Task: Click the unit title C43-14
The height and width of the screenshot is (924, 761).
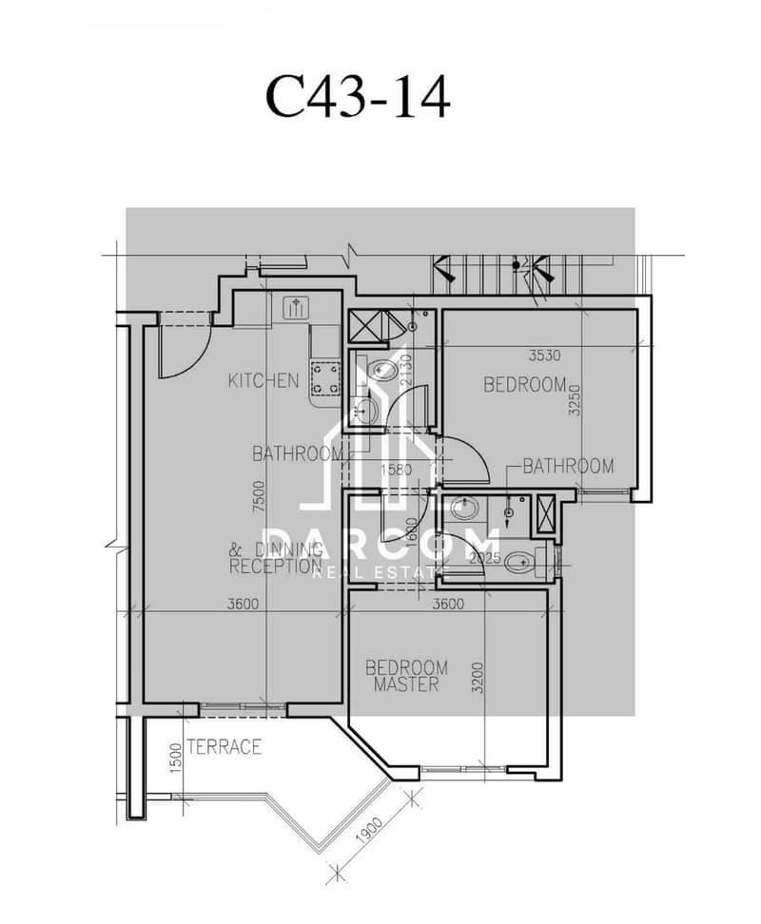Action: [x=358, y=97]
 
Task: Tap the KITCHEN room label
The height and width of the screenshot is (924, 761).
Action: [x=263, y=380]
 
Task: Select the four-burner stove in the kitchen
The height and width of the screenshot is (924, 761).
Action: [x=326, y=378]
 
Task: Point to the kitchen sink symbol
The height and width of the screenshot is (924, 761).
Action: [x=296, y=307]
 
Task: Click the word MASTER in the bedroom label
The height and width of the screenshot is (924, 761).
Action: [x=406, y=684]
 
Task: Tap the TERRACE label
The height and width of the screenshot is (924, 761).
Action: [x=224, y=747]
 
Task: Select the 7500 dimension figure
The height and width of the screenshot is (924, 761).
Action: [x=259, y=496]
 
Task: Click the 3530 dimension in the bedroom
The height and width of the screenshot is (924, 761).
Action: [x=544, y=356]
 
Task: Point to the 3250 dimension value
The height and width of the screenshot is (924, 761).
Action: [x=575, y=400]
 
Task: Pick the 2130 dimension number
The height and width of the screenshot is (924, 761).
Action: [x=406, y=370]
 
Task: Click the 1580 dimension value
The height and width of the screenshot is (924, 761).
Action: [x=396, y=471]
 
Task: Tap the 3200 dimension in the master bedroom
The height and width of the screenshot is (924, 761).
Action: [x=478, y=678]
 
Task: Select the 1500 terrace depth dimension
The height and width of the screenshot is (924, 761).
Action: [x=175, y=758]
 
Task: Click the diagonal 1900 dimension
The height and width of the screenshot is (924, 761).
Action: [x=370, y=831]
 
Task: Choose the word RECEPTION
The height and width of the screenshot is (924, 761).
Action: [x=275, y=567]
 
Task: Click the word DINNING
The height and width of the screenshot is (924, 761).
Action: [x=289, y=550]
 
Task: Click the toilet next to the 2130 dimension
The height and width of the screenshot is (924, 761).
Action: [x=380, y=370]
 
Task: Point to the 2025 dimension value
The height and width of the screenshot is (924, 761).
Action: [x=484, y=558]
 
